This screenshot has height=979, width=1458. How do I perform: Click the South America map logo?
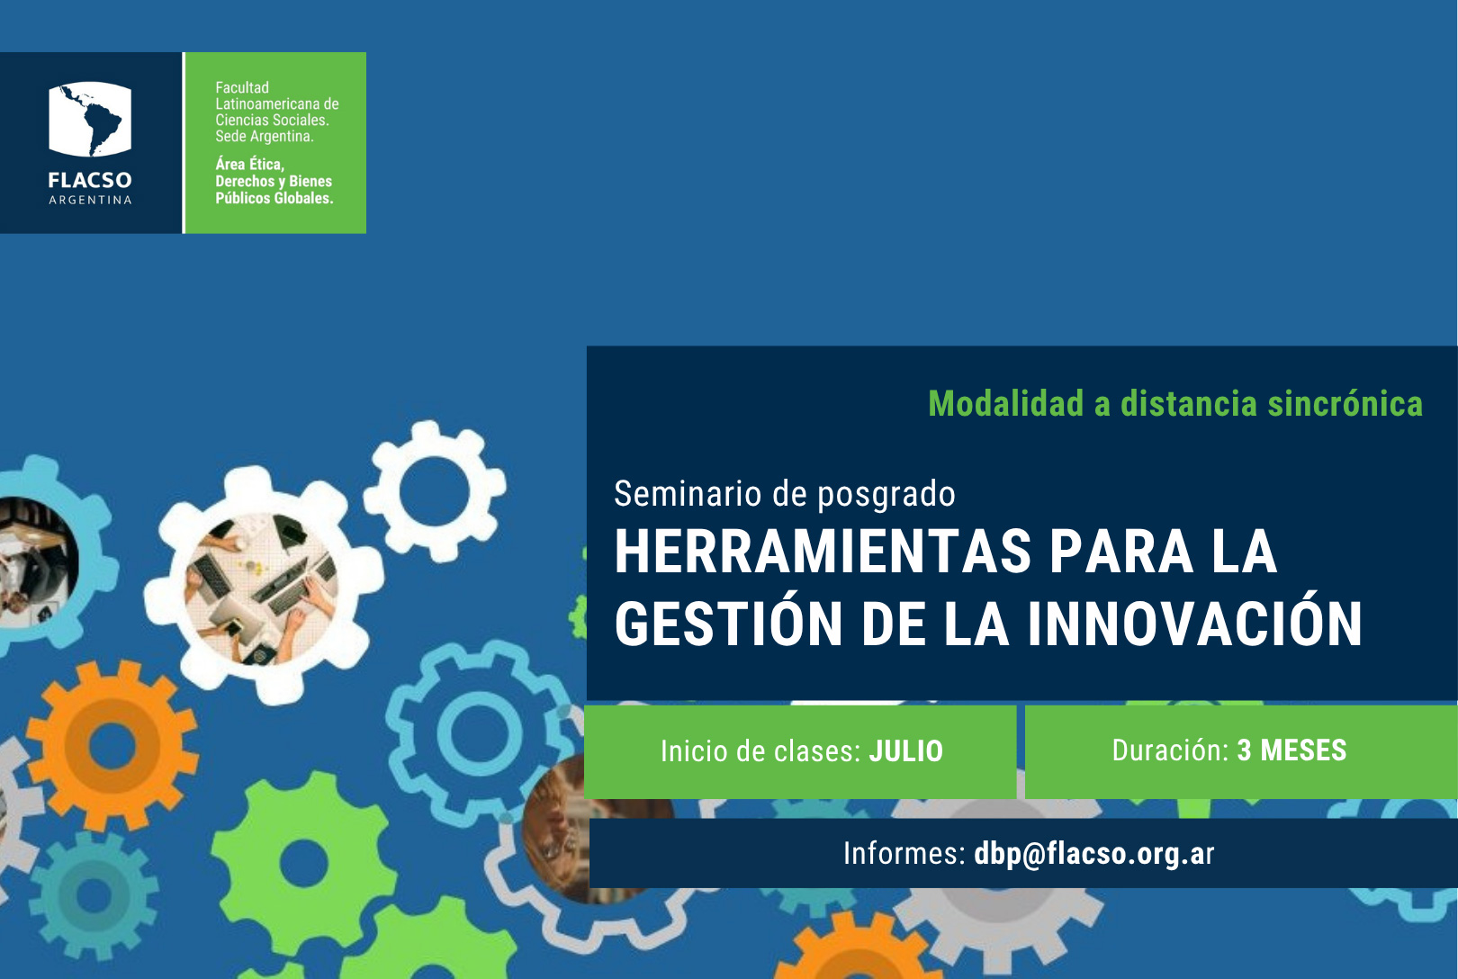[90, 119]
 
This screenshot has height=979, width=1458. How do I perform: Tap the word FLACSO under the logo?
[90, 180]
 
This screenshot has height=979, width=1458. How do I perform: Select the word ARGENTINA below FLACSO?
[90, 200]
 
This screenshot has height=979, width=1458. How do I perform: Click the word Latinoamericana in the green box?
[269, 103]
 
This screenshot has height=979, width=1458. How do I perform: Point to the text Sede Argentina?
[265, 136]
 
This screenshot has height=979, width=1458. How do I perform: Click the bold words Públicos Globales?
[274, 198]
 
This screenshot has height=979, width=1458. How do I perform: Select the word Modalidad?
[1006, 404]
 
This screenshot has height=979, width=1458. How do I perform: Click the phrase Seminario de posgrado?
[784, 494]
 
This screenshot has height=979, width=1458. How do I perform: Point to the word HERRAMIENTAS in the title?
[823, 552]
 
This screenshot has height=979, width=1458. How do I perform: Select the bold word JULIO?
[906, 751]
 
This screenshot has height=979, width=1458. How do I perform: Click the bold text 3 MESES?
[1291, 750]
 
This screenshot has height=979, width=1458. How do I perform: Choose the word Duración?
[1170, 750]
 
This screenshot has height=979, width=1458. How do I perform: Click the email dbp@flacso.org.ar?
[1093, 853]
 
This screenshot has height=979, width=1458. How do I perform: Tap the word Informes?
[904, 853]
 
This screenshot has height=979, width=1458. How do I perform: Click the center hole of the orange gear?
[112, 745]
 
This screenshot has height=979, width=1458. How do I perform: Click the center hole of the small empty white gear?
[434, 491]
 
